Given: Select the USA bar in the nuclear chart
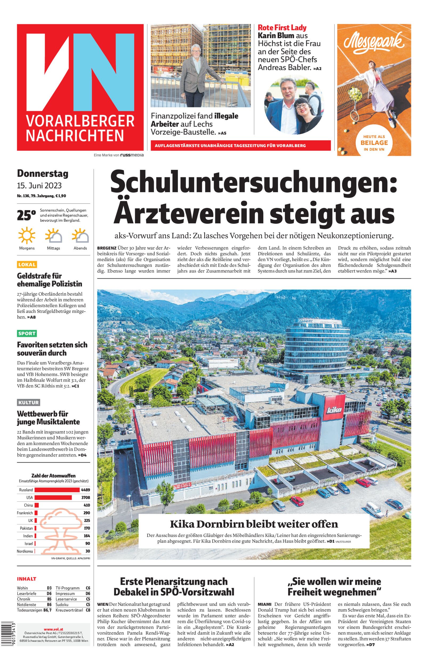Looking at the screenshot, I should pyautogui.click(x=53, y=497).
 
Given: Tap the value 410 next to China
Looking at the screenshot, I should pyautogui.click(x=87, y=505).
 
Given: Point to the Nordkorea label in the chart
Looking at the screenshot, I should pyautogui.click(x=25, y=551).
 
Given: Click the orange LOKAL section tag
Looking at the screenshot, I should pyautogui.click(x=27, y=264).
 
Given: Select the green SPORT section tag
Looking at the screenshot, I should pyautogui.click(x=27, y=333).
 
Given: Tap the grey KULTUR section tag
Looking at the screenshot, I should pyautogui.click(x=29, y=402).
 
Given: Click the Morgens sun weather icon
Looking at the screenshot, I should pyautogui.click(x=27, y=235).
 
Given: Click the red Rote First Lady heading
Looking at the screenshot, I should pyautogui.click(x=282, y=27).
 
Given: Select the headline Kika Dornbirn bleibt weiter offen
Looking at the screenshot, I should pyautogui.click(x=254, y=524).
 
